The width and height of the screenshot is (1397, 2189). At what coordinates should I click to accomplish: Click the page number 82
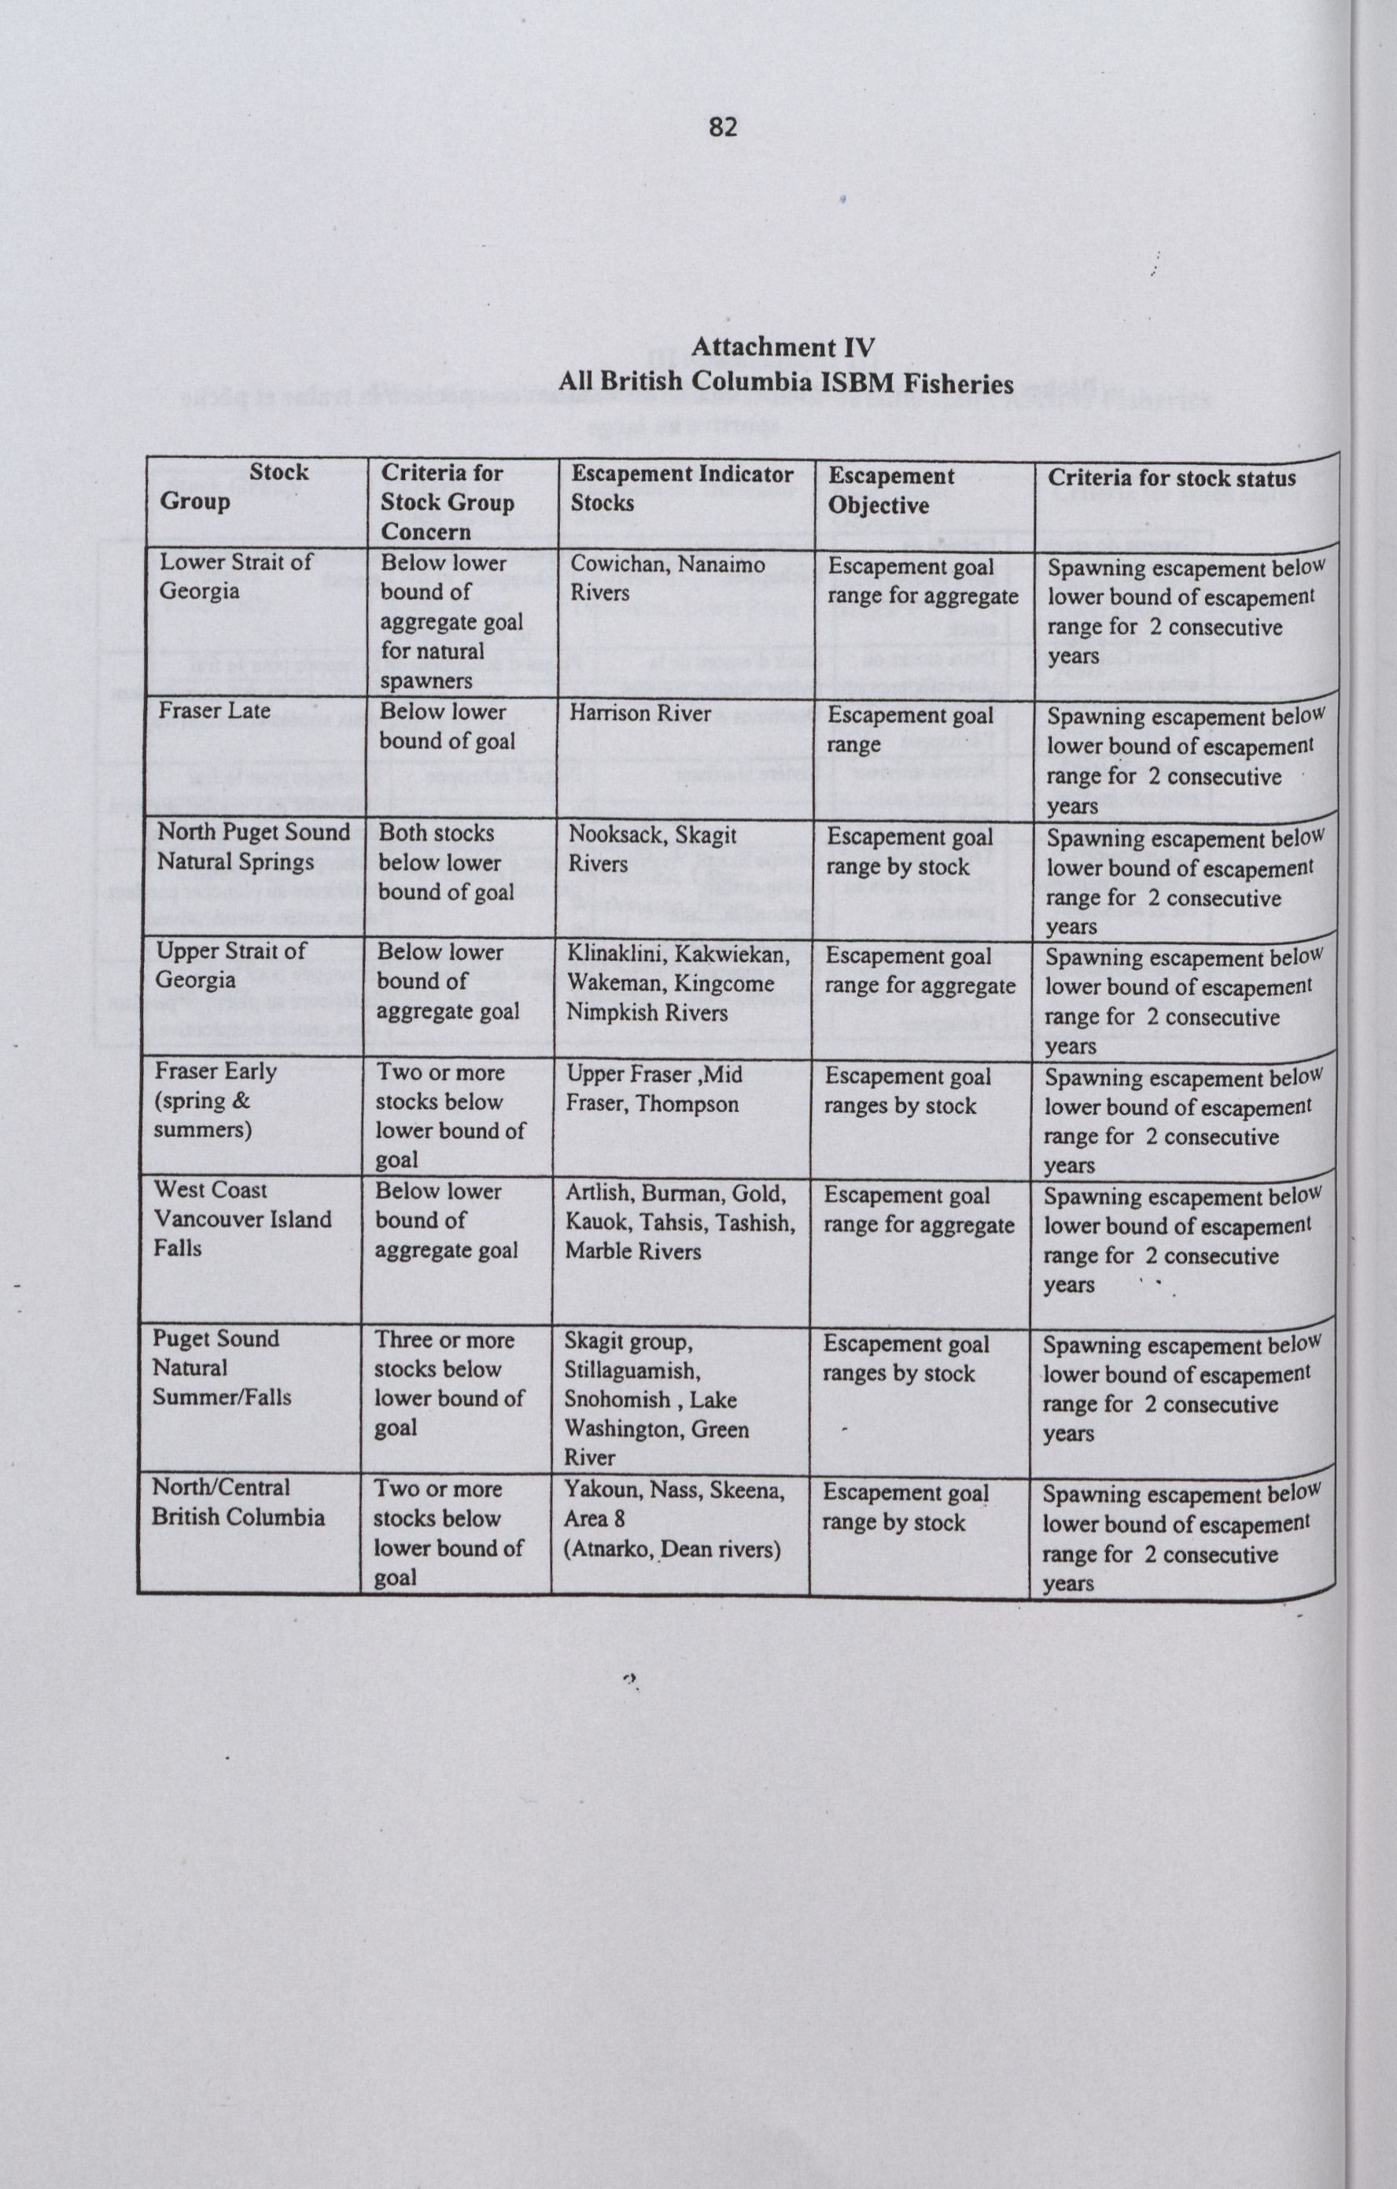pos(723,128)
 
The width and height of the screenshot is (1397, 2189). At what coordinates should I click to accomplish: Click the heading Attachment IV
pos(783,347)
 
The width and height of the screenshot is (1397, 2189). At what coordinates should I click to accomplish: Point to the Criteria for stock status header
pos(1171,478)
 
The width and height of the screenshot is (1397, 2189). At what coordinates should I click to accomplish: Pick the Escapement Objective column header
pos(890,491)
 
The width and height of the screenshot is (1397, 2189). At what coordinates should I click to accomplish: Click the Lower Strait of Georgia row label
pos(235,576)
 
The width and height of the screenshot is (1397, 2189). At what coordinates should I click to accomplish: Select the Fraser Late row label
pos(214,710)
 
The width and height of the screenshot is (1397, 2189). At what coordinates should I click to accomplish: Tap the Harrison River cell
pos(640,713)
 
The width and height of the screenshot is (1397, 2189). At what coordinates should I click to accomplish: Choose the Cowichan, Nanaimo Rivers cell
pos(667,578)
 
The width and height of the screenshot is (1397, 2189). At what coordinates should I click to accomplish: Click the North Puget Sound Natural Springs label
pos(252,847)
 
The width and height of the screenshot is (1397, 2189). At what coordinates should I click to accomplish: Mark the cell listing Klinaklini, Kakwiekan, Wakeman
pos(678,983)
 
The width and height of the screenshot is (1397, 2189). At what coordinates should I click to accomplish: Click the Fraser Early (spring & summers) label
pos(215,1100)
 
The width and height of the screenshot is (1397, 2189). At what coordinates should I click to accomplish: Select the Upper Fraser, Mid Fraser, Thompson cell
pos(654,1089)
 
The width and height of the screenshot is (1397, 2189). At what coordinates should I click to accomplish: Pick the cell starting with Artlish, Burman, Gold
pos(679,1222)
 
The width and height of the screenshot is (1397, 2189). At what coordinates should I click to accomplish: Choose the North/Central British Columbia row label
pos(238,1502)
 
